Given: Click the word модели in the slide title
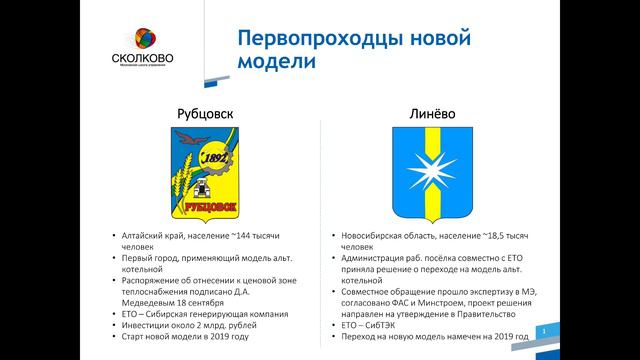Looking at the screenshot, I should click(x=275, y=62).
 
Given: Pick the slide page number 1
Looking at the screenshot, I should click(x=542, y=330).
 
